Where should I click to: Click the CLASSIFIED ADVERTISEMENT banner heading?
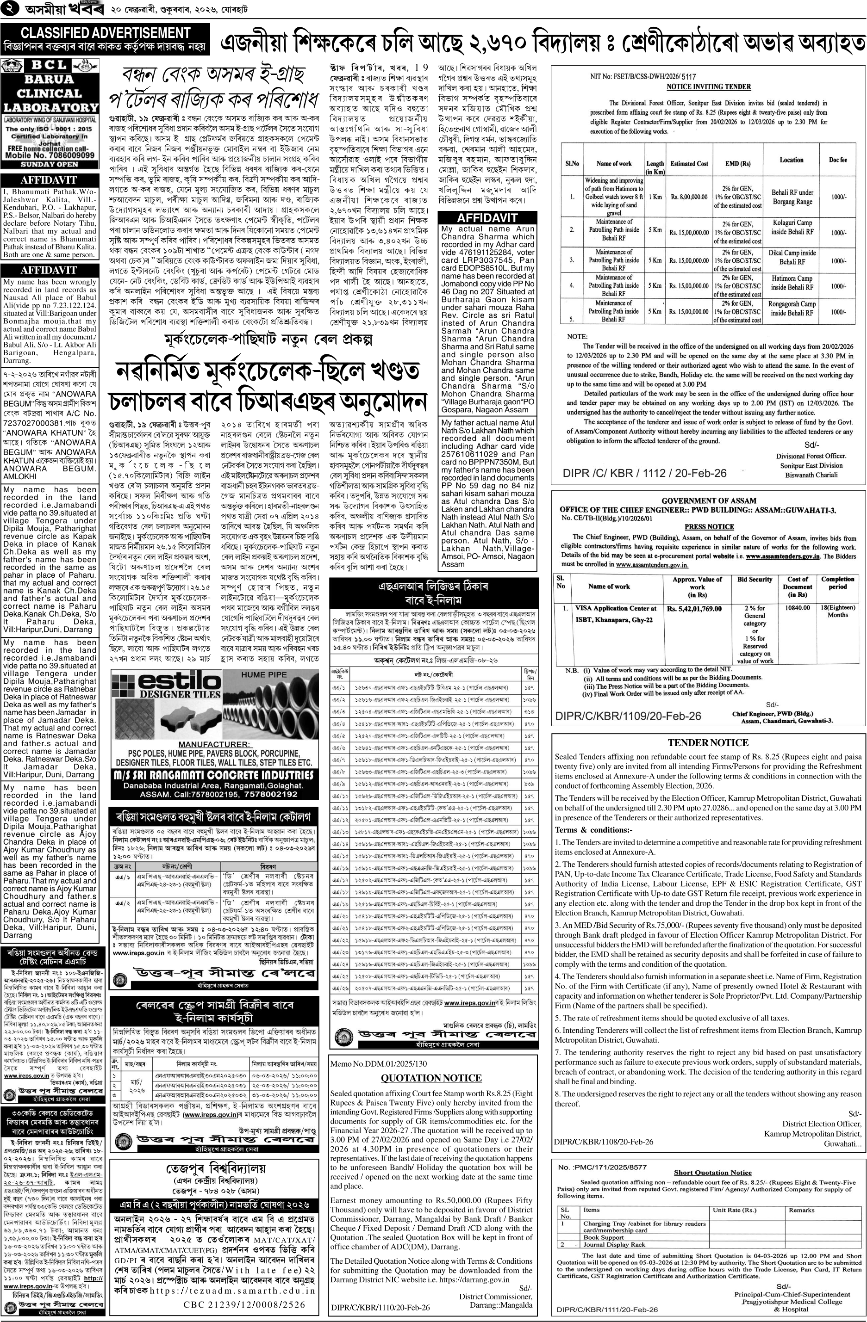click(x=106, y=33)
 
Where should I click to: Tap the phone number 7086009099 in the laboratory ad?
click(x=66, y=156)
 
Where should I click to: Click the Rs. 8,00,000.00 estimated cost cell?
click(x=689, y=196)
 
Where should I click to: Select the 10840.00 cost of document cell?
click(x=797, y=608)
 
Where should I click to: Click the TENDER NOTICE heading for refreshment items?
click(x=708, y=743)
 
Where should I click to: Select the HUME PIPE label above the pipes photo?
click(x=263, y=675)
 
